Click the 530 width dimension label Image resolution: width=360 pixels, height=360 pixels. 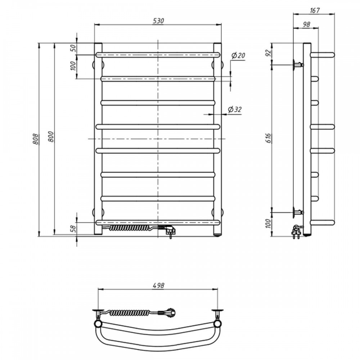tap(158, 21)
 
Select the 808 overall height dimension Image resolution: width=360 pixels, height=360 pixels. tap(36, 139)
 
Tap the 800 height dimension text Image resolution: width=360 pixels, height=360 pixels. tap(51, 136)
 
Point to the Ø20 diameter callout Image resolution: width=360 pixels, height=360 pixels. tap(238, 55)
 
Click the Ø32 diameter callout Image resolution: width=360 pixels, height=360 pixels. tap(235, 109)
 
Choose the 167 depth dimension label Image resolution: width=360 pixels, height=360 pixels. tap(315, 10)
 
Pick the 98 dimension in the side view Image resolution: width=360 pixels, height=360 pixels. tap(306, 24)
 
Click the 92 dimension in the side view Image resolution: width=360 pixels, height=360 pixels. tap(268, 53)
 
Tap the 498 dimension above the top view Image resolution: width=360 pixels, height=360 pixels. tap(158, 285)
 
